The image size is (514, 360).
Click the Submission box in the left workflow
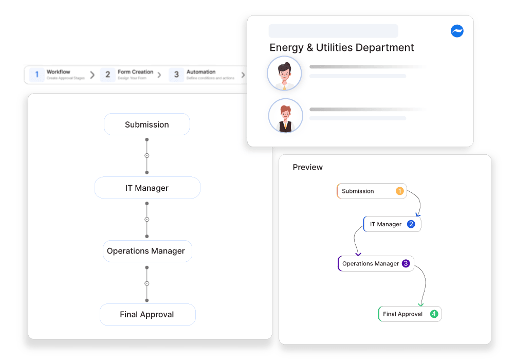146,124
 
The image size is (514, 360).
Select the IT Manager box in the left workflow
147,188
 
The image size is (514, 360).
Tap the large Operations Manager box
146,251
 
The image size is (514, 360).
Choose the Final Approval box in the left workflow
147,314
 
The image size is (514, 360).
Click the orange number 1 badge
399,191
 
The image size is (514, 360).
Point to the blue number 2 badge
411,224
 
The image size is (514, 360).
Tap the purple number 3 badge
406,263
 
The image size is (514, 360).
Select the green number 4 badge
434,314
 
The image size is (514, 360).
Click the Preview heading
307,167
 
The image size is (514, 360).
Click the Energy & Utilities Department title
342,47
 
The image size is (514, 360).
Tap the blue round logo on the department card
457,31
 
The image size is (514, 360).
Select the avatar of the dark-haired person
284,74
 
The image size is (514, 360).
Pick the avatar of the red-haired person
285,116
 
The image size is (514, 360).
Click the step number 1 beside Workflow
36,75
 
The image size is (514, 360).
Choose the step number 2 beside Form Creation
107,75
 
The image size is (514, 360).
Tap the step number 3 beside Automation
176,75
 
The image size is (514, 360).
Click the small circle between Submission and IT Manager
146,155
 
